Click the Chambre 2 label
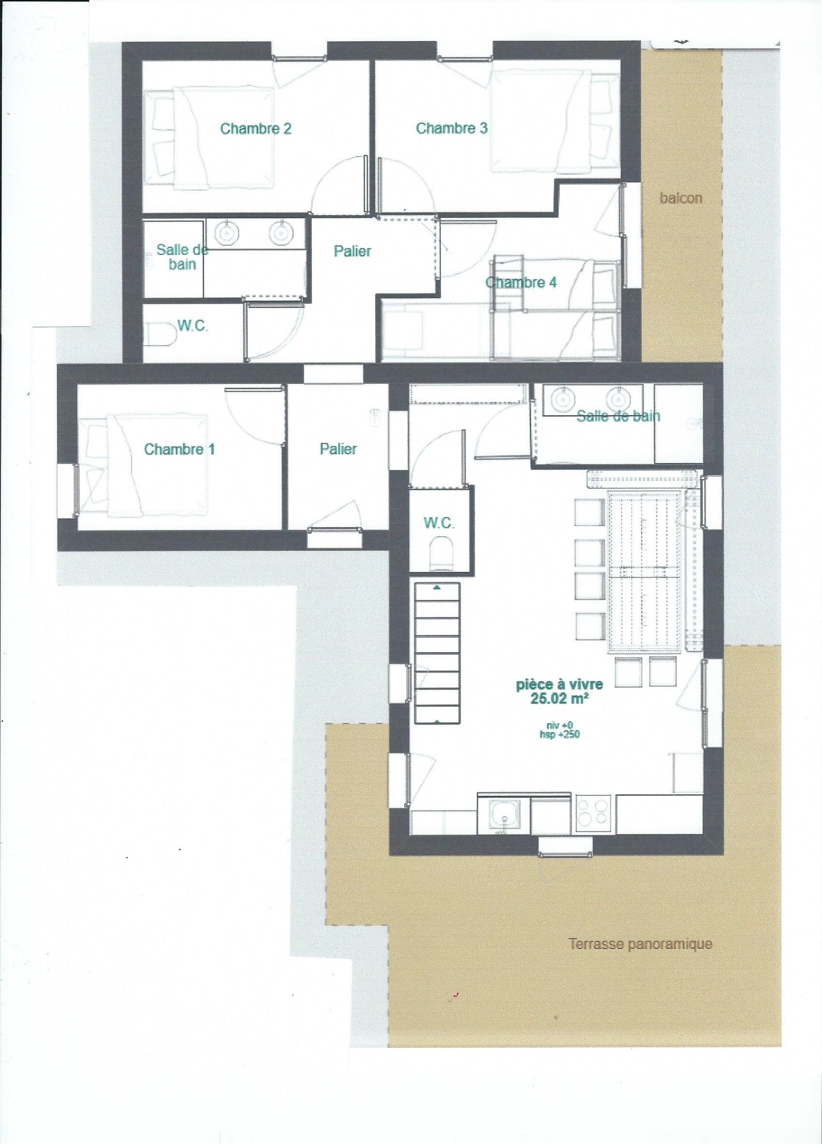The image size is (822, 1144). tap(256, 129)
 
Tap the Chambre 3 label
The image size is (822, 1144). tap(451, 128)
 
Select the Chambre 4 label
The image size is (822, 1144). tap(521, 282)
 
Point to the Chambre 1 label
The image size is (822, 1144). tap(179, 448)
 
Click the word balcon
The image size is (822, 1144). tap(680, 198)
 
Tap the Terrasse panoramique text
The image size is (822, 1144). tap(640, 591)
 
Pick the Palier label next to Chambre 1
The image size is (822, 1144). tap(338, 448)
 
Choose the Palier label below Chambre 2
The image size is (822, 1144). tap(352, 250)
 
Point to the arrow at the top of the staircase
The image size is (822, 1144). tap(437, 587)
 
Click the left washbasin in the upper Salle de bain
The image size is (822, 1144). tap(227, 233)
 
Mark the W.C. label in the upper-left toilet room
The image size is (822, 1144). tap(193, 326)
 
